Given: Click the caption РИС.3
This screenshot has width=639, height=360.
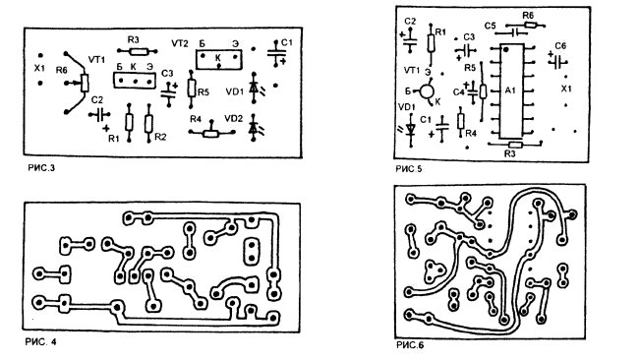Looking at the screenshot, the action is (41, 167).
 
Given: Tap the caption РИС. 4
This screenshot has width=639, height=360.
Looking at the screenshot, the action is (40, 341).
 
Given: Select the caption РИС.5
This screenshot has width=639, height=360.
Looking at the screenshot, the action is (409, 169).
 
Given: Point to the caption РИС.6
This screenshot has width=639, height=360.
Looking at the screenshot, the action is (410, 345).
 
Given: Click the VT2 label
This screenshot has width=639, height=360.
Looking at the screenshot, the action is (180, 43).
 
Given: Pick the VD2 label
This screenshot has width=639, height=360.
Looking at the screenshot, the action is (234, 119).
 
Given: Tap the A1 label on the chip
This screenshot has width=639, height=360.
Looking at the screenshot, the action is (510, 90).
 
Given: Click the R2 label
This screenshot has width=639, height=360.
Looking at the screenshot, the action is (160, 137).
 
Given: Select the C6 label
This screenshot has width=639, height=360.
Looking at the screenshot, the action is (560, 46).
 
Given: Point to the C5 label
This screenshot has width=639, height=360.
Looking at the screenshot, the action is (491, 26).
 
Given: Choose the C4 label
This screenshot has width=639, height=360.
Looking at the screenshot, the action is (458, 92).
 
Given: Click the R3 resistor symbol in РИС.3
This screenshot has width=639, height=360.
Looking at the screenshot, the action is (138, 51).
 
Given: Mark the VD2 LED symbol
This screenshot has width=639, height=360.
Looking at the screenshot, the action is (255, 128).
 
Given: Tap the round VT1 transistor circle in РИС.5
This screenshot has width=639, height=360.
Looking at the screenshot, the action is (427, 90).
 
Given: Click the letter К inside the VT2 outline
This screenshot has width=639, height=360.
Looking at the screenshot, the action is (218, 58).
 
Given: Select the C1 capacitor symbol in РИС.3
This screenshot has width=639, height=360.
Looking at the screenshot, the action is (276, 53).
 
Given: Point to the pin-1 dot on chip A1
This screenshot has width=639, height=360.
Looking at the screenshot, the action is (505, 50).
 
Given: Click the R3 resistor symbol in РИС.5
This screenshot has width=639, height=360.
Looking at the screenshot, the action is (515, 145).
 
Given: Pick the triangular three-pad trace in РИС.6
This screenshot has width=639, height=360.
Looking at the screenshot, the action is (434, 271).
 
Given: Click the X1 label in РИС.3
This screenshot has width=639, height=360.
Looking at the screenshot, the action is (39, 69).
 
